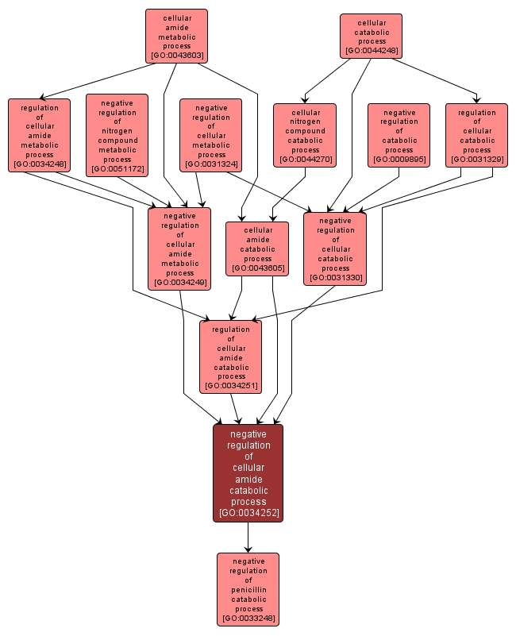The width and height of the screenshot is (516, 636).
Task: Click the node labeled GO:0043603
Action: pos(176,37)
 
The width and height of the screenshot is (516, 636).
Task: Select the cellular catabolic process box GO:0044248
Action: pos(371,37)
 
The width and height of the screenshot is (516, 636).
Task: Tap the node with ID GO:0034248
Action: pos(39,135)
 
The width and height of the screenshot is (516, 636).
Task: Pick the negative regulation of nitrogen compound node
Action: pos(117,135)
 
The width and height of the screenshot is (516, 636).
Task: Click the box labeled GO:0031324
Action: pos(211,135)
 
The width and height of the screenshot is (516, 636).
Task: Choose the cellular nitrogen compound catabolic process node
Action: pos(305,135)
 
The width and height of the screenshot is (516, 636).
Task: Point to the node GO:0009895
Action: pos(399,135)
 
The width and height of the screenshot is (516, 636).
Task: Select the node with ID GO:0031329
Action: pos(476,135)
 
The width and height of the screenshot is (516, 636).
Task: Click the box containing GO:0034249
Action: pos(179,248)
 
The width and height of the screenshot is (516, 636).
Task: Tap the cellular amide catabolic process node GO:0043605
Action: pos(257,249)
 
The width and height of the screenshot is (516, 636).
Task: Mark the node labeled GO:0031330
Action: pos(335,248)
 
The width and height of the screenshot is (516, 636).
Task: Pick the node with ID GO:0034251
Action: pos(230,357)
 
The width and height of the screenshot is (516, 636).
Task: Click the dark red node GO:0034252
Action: pos(248,472)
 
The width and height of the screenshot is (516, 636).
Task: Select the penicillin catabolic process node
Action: pos(248,589)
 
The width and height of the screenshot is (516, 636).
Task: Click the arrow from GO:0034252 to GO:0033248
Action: pos(248,538)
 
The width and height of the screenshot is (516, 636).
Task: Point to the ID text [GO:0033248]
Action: pos(248,619)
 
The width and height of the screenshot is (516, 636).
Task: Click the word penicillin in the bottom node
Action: pos(248,590)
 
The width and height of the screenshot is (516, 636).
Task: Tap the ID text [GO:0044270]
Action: pos(305,160)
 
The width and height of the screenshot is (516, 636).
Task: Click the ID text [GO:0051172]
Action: pos(117,168)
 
